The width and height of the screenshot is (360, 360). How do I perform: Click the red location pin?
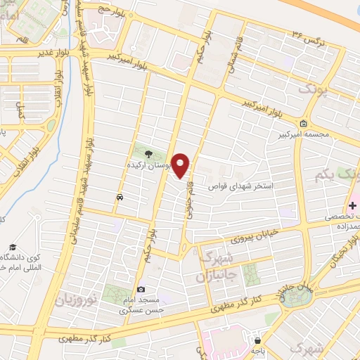[181, 165]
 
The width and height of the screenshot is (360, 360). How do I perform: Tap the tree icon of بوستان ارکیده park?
[148, 154]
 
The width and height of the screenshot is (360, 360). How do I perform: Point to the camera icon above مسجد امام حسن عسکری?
[141, 290]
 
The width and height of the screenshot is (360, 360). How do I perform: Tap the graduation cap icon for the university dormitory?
[13, 247]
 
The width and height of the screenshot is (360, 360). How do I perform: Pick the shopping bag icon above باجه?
[258, 340]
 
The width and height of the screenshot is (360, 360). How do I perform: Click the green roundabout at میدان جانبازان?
[301, 296]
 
